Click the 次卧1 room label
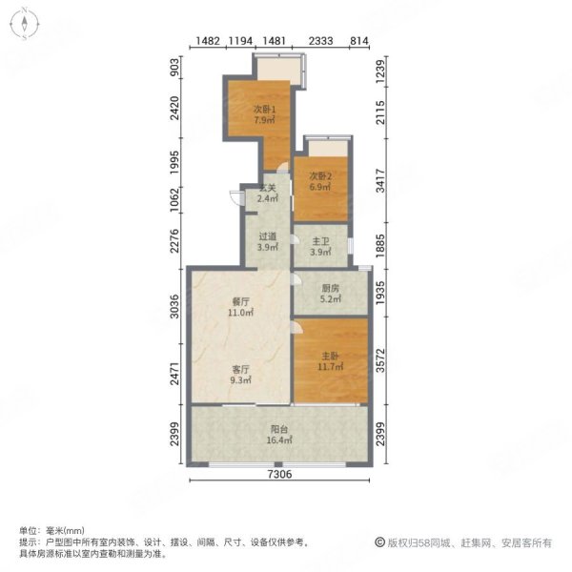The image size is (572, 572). coord(264,109)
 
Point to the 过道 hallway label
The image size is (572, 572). coord(267,236)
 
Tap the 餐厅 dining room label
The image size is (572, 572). coord(238,300)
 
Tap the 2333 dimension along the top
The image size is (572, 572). coord(321,40)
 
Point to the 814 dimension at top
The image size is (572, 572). coord(359,40)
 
